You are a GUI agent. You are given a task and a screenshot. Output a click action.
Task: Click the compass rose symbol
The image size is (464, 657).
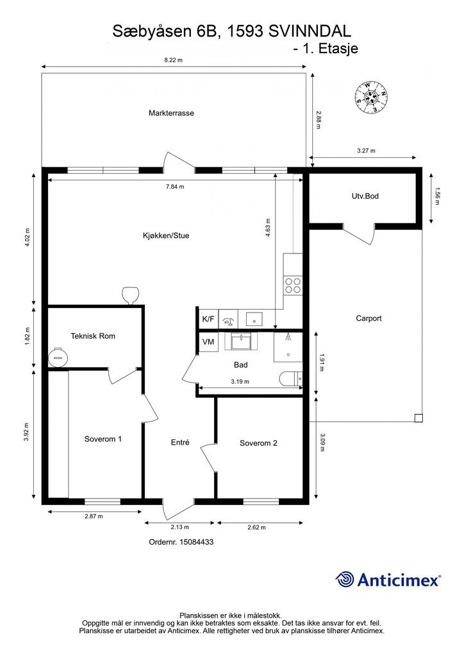pos(371,98)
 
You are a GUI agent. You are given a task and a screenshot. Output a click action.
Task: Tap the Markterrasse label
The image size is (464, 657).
pos(171,113)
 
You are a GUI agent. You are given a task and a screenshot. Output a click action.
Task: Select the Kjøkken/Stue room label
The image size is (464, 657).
pos(166,235)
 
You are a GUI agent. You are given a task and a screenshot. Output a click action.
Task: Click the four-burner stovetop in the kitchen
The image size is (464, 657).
pos(293,286)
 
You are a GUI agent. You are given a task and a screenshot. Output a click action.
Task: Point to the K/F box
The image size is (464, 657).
pos(208,320)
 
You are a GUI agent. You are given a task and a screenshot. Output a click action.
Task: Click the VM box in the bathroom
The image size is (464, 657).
pos(208,342)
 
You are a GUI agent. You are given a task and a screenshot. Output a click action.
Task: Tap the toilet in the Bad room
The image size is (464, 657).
pos(291,379)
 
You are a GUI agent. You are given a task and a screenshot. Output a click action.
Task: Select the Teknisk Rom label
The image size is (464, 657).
pos(93,336)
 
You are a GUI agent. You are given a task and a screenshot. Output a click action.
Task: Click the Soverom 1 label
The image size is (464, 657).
pos(103,439)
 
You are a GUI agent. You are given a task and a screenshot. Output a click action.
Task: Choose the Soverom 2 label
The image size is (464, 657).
pos(258,443)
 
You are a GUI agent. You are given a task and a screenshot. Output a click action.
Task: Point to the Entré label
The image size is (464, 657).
pos(180,443)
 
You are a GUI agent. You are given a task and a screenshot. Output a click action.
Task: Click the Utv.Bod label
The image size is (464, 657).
pos(365,196)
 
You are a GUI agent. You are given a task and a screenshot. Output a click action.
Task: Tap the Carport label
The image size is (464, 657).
pos(369,318)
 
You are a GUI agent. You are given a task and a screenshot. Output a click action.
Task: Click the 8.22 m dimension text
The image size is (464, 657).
pos(173,60)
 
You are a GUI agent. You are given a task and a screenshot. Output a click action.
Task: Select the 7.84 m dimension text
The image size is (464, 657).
pos(175,187)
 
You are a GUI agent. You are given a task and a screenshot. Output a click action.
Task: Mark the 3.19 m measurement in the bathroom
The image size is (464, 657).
pos(240,382)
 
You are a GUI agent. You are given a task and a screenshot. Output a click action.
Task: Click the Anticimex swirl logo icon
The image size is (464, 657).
pos(345,579)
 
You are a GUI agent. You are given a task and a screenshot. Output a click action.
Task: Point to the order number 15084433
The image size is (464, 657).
pos(197,542)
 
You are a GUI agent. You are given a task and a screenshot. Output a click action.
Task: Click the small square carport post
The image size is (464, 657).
pos(418,418)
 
